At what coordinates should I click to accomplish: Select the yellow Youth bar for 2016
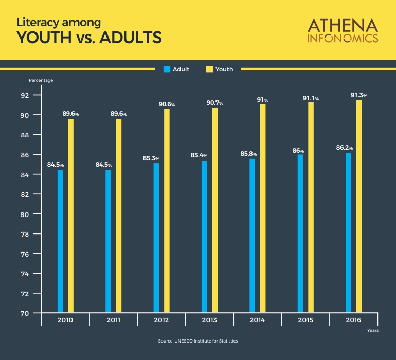359,206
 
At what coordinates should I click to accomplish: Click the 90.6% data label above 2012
166,104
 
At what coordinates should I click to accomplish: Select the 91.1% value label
311,98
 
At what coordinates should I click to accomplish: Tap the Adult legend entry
176,69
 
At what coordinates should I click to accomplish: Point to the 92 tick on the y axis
25,95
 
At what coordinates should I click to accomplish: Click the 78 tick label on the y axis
25,234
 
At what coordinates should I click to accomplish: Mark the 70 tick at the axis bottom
25,313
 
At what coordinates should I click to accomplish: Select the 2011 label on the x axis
114,320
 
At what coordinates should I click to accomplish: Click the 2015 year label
305,320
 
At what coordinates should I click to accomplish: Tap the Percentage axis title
41,80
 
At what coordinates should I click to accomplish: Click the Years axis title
373,330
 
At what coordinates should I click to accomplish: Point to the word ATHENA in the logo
343,25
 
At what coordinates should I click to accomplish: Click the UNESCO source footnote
198,341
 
